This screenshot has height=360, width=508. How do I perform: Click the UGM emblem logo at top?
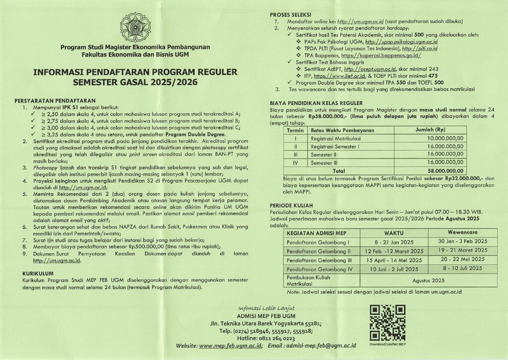(135, 27)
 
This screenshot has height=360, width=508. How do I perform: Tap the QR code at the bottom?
(388, 322)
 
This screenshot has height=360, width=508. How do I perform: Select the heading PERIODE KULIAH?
(292, 205)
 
